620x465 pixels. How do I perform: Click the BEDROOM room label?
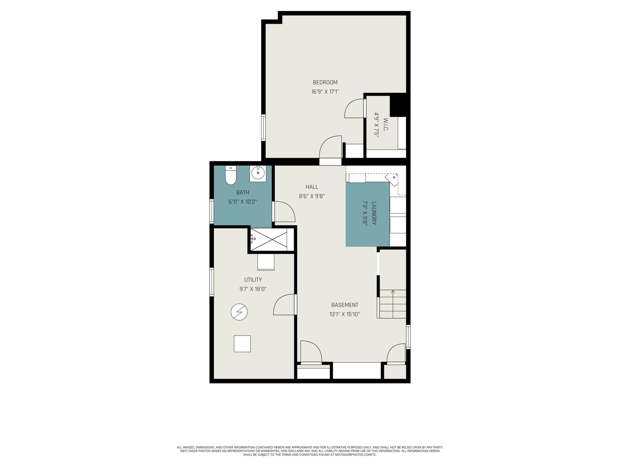(x=325, y=82)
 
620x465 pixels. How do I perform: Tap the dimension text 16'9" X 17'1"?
(x=325, y=92)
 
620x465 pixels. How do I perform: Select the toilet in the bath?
(x=231, y=175)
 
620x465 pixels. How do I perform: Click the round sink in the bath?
(x=258, y=173)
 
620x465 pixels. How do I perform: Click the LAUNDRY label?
(x=374, y=213)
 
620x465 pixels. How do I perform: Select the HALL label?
(x=312, y=187)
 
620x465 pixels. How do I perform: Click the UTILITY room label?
(x=253, y=280)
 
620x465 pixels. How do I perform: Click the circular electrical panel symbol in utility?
(x=239, y=312)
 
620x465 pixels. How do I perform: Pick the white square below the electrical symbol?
(x=242, y=344)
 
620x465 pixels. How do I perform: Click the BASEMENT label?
(x=345, y=305)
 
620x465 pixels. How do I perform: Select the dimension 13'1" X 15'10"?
(x=345, y=314)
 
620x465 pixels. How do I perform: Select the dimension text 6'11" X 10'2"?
(x=243, y=202)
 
